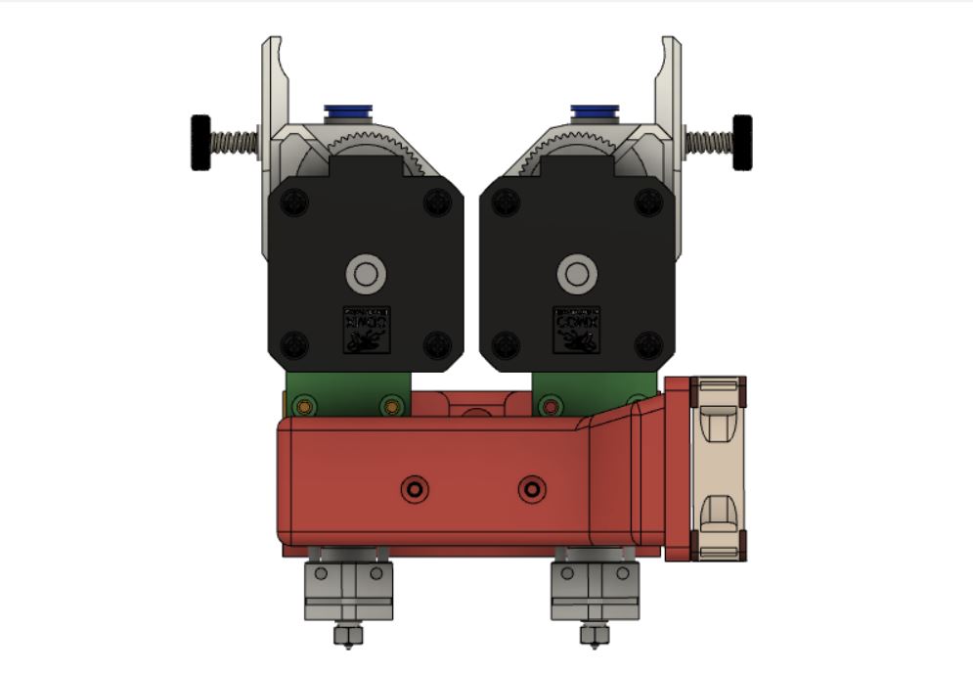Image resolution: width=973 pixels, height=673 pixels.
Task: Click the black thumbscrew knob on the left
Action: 200,143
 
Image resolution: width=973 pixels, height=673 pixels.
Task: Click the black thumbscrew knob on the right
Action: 742,142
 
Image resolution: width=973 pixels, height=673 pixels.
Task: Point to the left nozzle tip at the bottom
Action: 344,637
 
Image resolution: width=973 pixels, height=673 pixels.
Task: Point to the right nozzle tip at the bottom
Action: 592,637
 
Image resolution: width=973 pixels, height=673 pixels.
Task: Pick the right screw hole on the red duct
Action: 532,488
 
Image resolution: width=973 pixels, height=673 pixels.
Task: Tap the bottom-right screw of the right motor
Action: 647,344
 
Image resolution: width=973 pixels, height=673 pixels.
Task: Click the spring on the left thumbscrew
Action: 235,143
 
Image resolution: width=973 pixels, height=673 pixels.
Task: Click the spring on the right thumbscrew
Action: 708,142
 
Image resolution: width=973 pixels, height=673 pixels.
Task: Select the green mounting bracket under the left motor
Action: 347,393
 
